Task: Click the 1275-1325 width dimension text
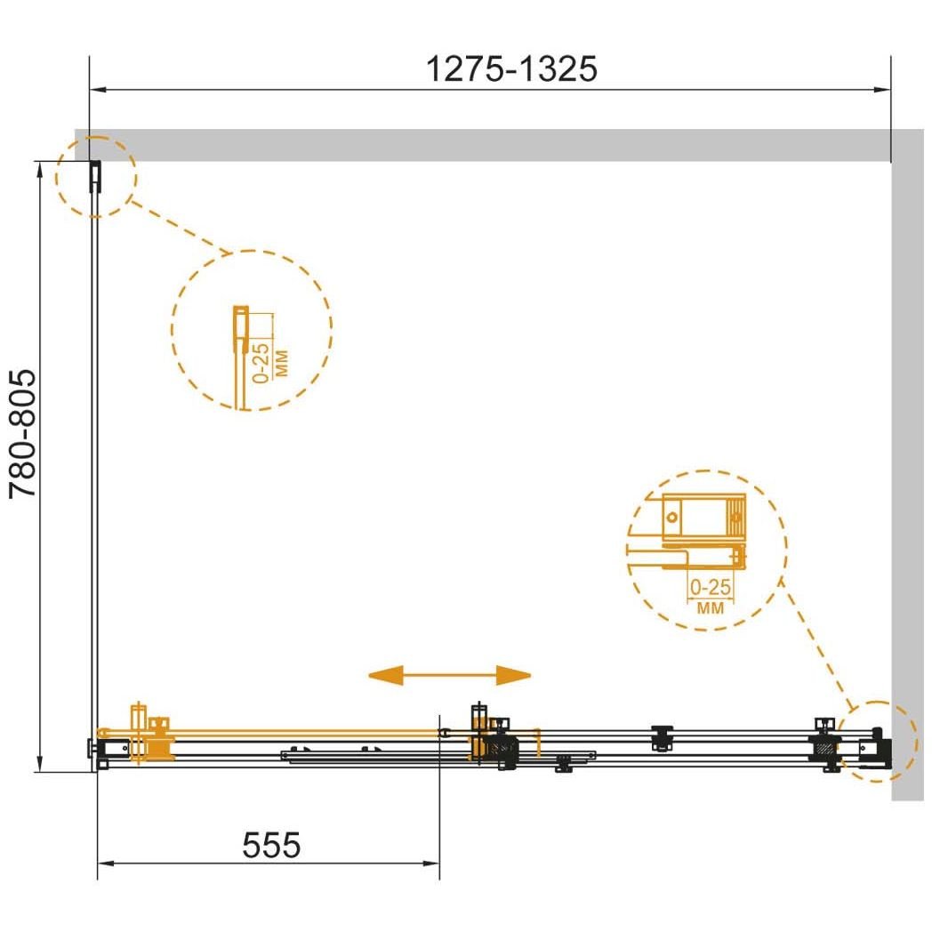click(511, 69)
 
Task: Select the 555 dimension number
click(271, 845)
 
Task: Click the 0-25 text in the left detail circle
click(261, 363)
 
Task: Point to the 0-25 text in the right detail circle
click(711, 587)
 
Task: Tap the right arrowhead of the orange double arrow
click(513, 675)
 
